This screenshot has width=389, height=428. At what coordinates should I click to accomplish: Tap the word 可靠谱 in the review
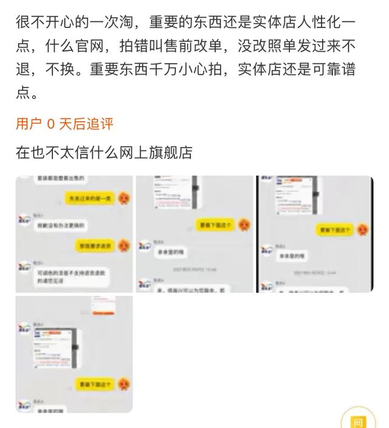(x=329, y=70)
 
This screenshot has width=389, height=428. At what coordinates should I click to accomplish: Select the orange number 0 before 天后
(x=50, y=124)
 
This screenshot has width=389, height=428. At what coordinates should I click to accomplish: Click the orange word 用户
(x=29, y=124)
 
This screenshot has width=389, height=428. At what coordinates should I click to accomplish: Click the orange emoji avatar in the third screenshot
(x=362, y=230)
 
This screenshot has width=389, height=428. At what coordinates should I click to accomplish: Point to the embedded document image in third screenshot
(x=298, y=197)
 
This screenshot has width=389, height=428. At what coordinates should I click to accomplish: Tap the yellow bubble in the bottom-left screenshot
(x=95, y=384)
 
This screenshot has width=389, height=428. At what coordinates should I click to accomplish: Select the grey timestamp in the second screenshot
(x=194, y=269)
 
